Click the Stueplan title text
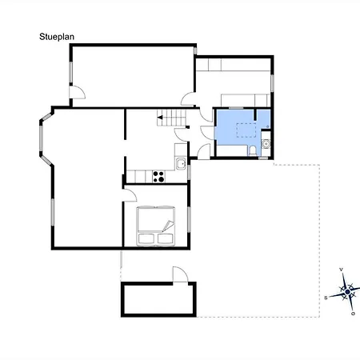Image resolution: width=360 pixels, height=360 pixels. (57, 37)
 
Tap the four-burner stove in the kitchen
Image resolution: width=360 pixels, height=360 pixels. (158, 177)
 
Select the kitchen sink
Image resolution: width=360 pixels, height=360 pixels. (181, 163)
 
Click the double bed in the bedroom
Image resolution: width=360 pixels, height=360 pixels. (156, 226)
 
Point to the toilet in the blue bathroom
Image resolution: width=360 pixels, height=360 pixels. (253, 150)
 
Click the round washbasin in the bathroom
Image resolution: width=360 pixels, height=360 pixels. (266, 144)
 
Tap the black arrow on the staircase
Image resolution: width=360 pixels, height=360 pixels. (160, 118)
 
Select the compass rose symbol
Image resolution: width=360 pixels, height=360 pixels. (346, 292)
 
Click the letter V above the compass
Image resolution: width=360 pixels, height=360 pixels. (341, 270)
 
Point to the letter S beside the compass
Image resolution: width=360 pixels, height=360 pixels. (326, 298)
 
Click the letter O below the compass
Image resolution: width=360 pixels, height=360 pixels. (353, 314)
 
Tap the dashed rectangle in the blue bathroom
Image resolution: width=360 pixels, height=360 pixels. (246, 130)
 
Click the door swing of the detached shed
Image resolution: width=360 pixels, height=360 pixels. (181, 274)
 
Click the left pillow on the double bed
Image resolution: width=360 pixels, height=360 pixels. (146, 238)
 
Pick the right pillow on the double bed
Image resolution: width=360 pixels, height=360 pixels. (166, 238)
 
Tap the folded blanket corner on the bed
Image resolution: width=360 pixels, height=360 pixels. (168, 226)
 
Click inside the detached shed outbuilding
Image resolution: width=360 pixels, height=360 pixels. (158, 299)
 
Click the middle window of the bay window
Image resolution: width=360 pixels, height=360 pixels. (41, 139)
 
